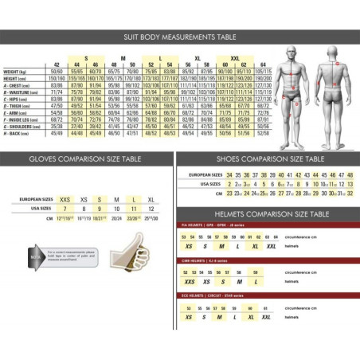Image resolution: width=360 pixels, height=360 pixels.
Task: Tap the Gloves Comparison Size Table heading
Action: (87, 160)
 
